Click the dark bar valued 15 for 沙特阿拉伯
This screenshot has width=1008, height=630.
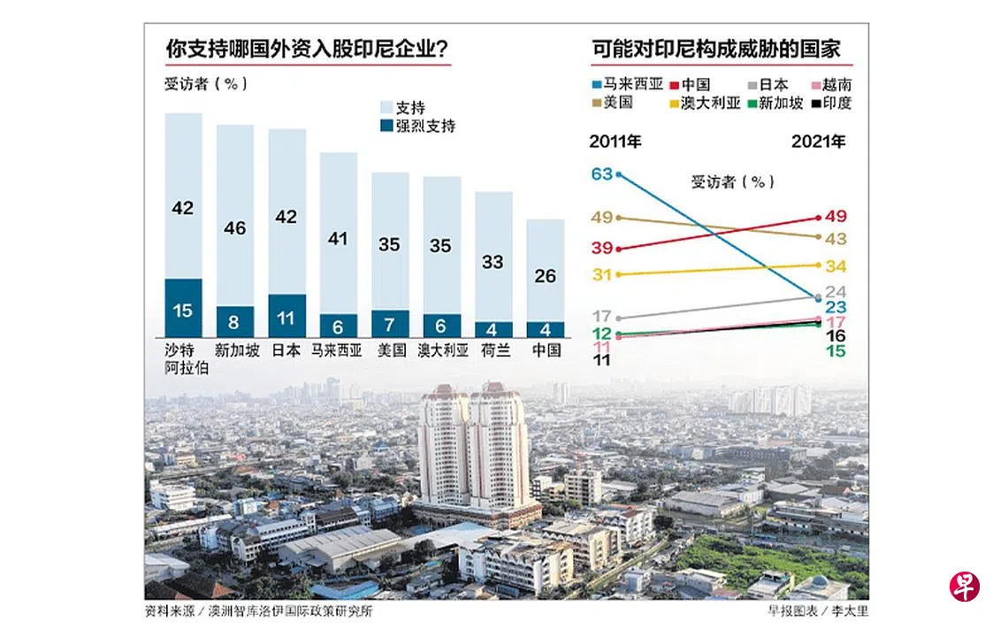[x=183, y=308]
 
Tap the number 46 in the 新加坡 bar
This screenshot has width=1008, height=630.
[x=235, y=228]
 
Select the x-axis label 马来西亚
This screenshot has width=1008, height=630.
[x=338, y=350]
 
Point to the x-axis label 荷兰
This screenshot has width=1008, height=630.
[x=493, y=350]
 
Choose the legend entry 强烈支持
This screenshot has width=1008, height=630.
[x=425, y=126]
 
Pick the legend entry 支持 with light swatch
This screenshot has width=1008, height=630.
[x=410, y=107]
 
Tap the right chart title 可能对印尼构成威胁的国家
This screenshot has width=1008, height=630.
[x=715, y=49]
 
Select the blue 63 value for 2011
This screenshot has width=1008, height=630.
[x=602, y=174]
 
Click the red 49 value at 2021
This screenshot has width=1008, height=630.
[x=836, y=216]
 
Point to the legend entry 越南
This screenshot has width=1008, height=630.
[x=836, y=86]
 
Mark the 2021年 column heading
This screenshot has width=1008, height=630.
[x=819, y=142]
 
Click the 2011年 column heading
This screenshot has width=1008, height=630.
[x=616, y=142]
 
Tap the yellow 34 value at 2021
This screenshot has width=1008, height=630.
[x=836, y=266]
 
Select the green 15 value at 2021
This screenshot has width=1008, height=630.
[x=836, y=351]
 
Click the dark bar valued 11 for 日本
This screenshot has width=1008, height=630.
[x=287, y=316]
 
